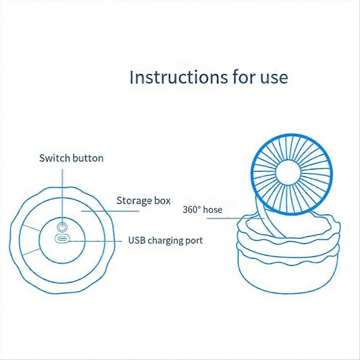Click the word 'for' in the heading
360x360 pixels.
[x=243, y=77]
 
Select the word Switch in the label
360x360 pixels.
[x=53, y=158]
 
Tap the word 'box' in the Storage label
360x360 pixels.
[x=162, y=201]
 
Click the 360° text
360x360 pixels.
[x=191, y=209]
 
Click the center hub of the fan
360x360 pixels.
[x=287, y=173]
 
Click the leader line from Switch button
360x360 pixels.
[x=62, y=192]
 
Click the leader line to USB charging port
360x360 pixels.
[x=96, y=241]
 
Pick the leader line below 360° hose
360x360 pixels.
[x=222, y=218]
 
